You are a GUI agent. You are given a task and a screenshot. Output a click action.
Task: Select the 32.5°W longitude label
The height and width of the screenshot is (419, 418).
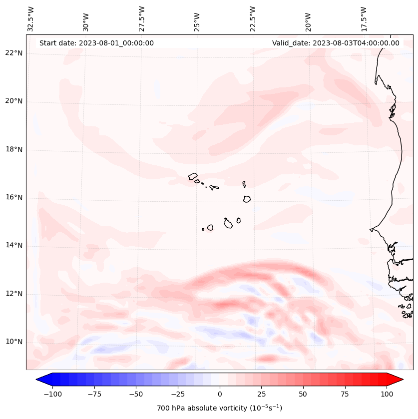pos(31,19)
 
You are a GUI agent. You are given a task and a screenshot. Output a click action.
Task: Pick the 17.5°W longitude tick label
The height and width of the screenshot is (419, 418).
pos(364,19)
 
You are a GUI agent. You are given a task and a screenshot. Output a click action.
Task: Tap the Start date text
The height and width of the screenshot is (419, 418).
pos(96,43)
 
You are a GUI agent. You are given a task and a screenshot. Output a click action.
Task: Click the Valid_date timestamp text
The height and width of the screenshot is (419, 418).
pos(336,43)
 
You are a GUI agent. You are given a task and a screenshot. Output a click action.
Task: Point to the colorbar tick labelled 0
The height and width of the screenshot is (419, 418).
pos(220,394)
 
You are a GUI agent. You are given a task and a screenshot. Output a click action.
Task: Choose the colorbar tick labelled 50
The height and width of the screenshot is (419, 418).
pos(303,394)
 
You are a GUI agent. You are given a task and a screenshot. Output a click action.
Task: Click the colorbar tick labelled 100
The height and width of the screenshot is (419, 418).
pos(387,394)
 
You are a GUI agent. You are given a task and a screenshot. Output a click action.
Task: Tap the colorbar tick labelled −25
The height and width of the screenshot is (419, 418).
pos(178,394)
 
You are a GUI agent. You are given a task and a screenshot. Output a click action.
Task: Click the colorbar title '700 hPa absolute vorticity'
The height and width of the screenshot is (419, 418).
pos(219,408)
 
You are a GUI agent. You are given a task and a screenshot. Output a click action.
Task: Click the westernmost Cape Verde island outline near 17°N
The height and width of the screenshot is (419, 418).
pos(193,176)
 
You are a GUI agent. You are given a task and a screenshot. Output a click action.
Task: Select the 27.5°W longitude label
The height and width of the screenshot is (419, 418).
pos(142,19)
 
